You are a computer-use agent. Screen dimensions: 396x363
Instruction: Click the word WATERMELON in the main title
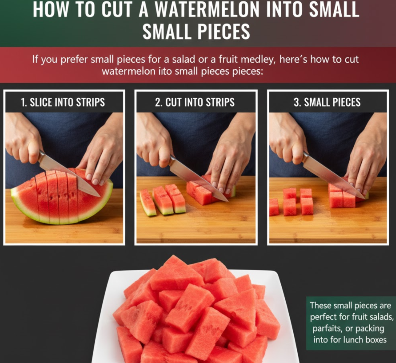207,9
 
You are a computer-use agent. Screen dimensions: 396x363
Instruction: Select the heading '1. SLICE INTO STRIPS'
63,102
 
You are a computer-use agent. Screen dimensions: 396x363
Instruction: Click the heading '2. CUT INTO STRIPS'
195,102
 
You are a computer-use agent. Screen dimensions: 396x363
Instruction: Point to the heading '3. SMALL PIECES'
327,102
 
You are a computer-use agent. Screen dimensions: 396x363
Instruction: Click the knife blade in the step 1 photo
69,175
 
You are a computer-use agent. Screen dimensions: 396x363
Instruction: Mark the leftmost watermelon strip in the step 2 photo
148,203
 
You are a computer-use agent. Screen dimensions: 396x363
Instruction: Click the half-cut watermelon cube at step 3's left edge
274,207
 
